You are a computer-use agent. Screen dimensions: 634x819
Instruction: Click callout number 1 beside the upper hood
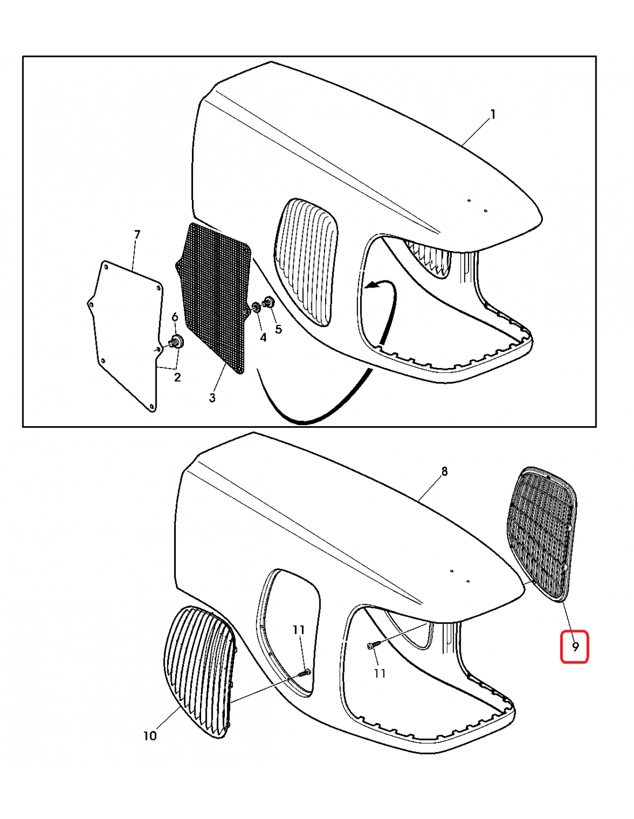point(492,114)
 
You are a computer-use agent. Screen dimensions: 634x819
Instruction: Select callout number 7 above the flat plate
point(137,235)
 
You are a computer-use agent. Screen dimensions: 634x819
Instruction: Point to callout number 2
point(178,377)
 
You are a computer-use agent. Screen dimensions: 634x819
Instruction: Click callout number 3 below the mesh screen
point(212,397)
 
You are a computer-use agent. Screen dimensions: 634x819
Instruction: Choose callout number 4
point(263,338)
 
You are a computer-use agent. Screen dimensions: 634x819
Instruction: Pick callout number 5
point(278,329)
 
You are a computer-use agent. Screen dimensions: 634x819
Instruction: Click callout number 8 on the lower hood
point(444,471)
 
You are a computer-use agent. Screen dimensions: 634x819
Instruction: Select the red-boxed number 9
point(575,647)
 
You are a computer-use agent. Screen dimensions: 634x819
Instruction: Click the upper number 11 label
point(299,630)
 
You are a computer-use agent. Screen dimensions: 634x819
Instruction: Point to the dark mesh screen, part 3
point(213,298)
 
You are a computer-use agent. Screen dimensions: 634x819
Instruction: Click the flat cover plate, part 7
point(124,335)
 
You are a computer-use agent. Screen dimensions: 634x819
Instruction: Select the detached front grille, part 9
point(542,533)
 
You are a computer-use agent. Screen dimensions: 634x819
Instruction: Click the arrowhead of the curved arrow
point(371,286)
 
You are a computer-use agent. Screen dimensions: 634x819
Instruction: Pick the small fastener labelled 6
point(176,342)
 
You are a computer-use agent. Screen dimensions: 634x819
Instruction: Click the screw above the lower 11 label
point(371,646)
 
